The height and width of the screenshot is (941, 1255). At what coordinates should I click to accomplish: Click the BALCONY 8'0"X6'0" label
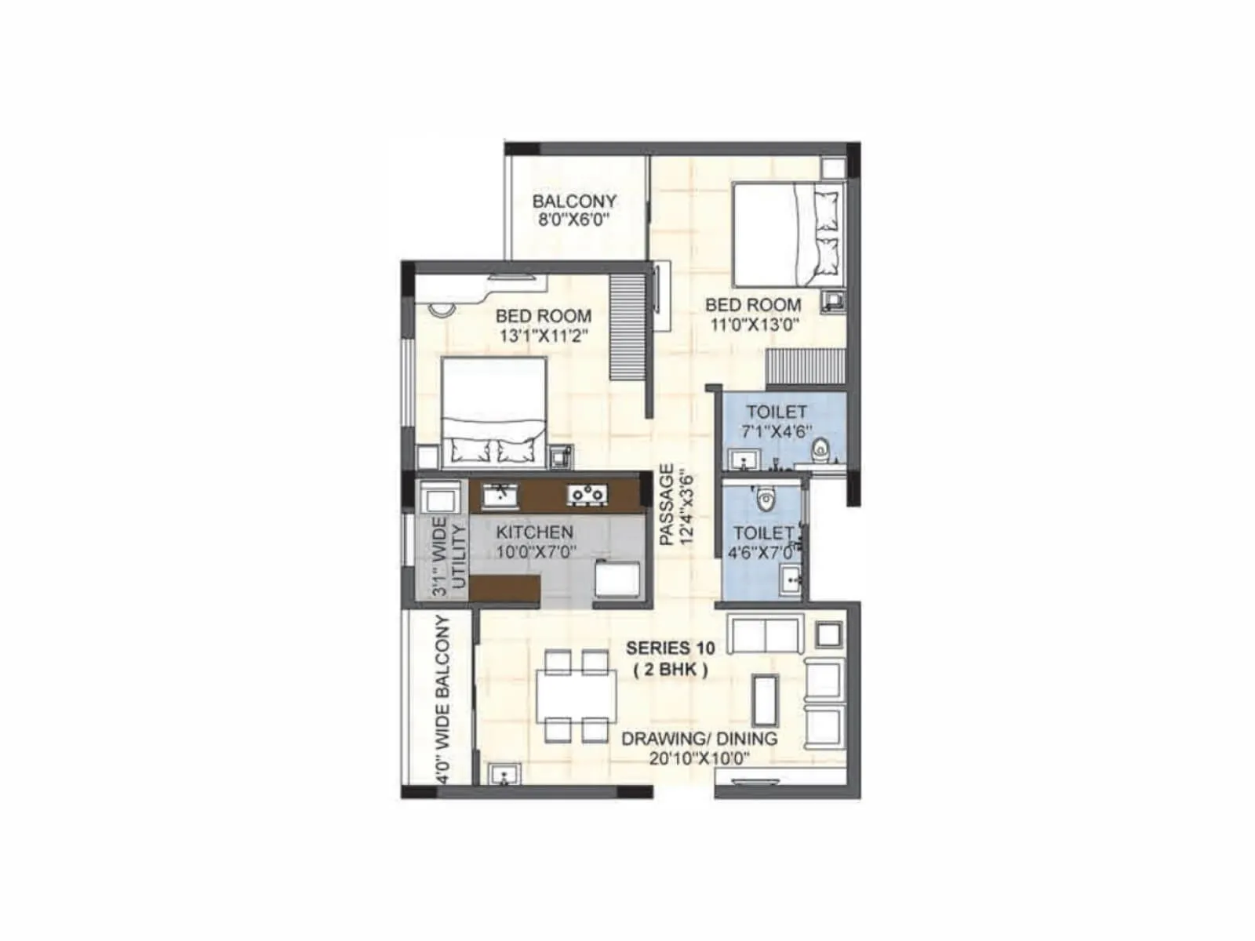(574, 209)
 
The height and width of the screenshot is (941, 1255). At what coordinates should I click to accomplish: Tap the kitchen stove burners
(588, 494)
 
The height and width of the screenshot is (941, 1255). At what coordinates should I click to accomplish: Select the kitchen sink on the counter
(499, 495)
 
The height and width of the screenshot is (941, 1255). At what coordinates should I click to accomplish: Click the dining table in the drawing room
(577, 696)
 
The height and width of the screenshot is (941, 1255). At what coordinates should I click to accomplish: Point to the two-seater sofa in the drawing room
(763, 634)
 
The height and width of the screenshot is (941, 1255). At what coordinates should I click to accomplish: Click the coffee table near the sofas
(765, 699)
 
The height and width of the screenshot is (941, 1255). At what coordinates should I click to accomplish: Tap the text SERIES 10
(670, 648)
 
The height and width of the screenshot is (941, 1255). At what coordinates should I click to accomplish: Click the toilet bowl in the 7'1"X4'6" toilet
(820, 449)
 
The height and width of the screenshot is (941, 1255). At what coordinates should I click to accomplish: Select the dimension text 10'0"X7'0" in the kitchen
(536, 551)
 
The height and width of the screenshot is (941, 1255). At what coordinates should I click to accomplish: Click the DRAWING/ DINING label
(699, 739)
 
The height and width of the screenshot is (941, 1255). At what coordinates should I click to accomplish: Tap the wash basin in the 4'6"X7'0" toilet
(791, 580)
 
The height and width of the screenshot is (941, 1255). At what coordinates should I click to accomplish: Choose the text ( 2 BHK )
(670, 670)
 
